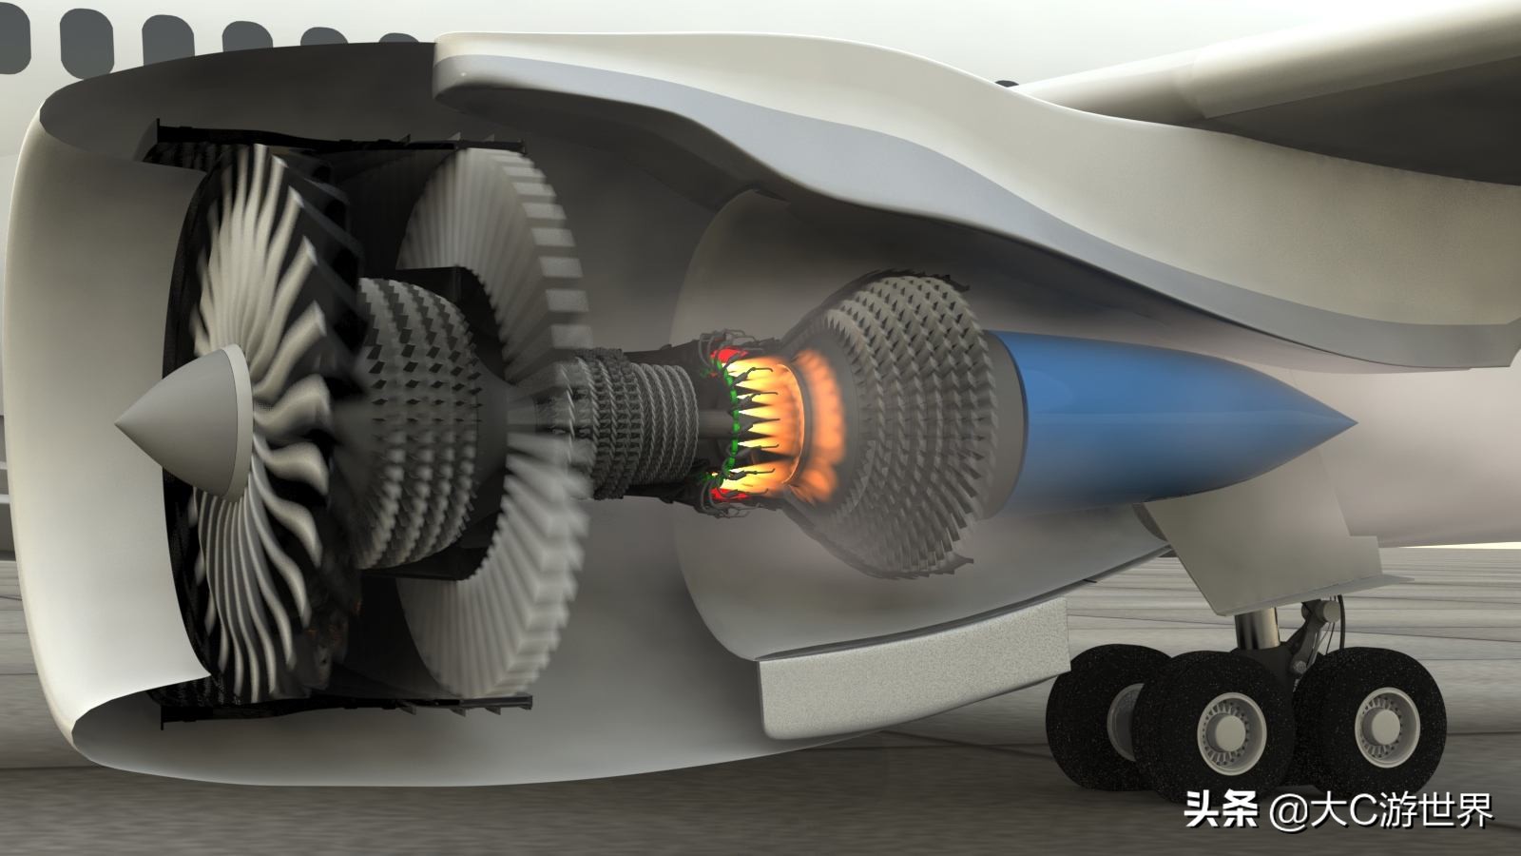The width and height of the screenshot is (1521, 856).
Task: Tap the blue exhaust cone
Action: [x=1154, y=421]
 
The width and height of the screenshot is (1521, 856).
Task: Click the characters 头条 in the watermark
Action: [x=1221, y=809]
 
